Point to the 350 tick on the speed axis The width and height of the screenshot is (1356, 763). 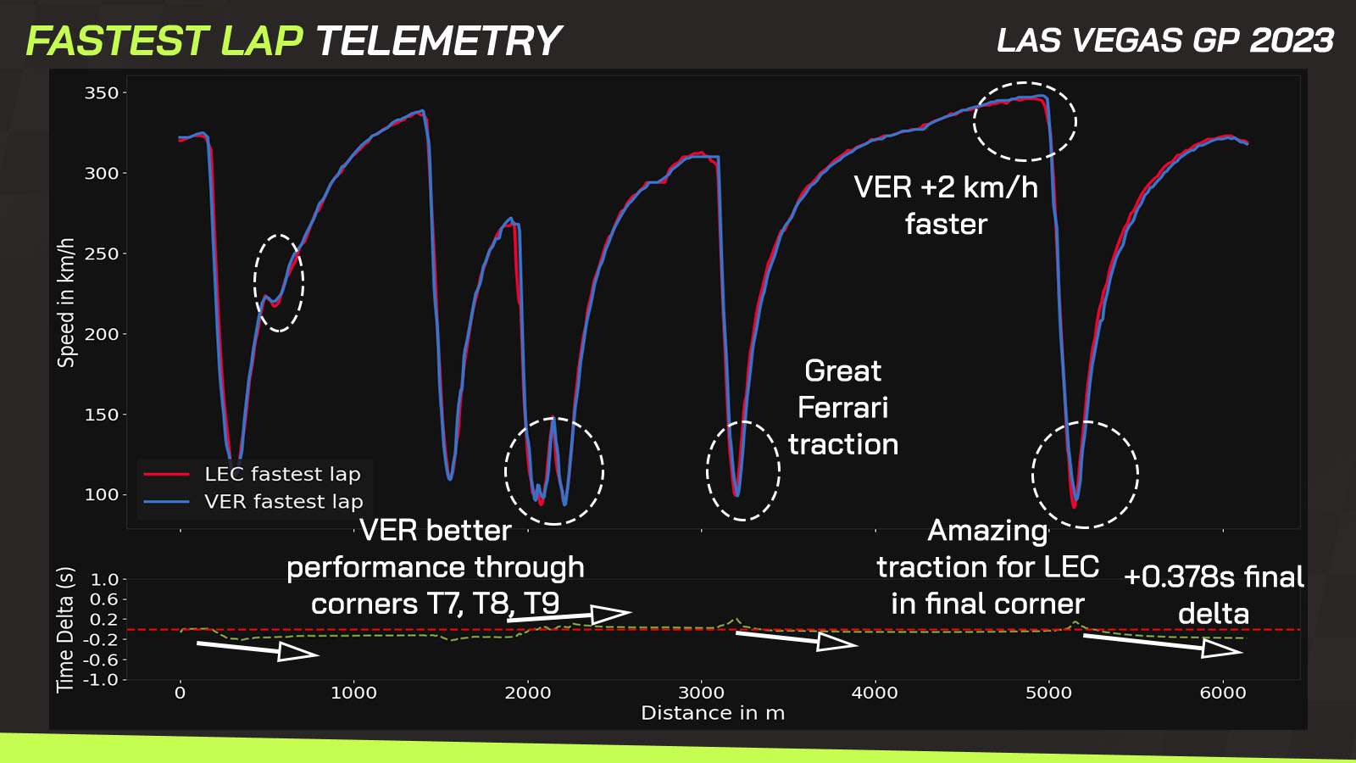click(x=102, y=93)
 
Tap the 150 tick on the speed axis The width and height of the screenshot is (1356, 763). click(x=102, y=415)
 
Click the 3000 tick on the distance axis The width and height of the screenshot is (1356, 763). click(x=701, y=693)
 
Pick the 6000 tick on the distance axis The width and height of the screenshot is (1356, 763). click(x=1223, y=693)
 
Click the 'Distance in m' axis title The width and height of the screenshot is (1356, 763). click(x=713, y=713)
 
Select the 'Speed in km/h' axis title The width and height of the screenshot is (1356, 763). click(x=66, y=303)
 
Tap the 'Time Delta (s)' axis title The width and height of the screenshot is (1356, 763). click(x=65, y=629)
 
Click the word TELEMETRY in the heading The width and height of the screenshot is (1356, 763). click(x=438, y=41)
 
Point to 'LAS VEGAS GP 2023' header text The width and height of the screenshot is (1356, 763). click(x=1165, y=41)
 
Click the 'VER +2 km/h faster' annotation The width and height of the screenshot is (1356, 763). click(x=946, y=205)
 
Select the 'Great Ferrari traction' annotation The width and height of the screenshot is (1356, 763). click(x=843, y=408)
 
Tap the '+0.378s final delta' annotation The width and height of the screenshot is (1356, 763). click(x=1214, y=595)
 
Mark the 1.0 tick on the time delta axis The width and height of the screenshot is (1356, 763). click(x=105, y=580)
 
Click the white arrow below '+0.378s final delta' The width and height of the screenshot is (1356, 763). click(x=1163, y=644)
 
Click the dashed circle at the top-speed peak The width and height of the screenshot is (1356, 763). click(x=1025, y=121)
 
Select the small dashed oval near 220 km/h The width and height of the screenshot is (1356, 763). click(x=279, y=282)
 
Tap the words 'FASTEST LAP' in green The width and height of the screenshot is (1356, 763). click(x=164, y=41)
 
